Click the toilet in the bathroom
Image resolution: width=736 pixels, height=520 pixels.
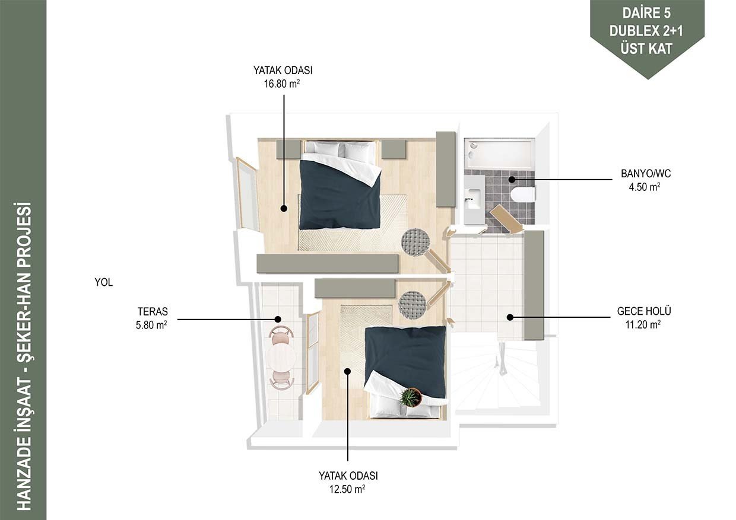(524, 194)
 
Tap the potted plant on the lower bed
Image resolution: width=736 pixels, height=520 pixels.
(411, 397)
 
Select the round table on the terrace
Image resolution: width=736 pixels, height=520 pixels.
(281, 356)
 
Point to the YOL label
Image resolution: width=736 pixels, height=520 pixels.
(103, 282)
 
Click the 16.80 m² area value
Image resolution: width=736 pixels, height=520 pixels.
(282, 84)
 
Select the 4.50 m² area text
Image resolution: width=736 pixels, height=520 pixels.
(645, 187)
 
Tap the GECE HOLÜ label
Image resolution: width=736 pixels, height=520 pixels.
(644, 311)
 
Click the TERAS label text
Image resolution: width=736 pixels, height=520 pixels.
(153, 311)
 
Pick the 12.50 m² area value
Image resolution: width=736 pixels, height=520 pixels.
(347, 490)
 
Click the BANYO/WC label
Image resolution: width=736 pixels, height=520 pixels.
(646, 173)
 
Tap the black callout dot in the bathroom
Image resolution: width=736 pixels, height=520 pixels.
(512, 180)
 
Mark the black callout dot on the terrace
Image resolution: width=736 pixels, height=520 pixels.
(278, 319)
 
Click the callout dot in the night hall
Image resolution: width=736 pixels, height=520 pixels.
(510, 317)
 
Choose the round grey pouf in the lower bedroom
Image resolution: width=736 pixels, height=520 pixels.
(413, 305)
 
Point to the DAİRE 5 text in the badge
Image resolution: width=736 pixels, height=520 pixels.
(645, 14)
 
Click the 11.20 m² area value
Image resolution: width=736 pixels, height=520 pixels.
(643, 325)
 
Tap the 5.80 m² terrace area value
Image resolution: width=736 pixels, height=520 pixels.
(151, 325)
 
